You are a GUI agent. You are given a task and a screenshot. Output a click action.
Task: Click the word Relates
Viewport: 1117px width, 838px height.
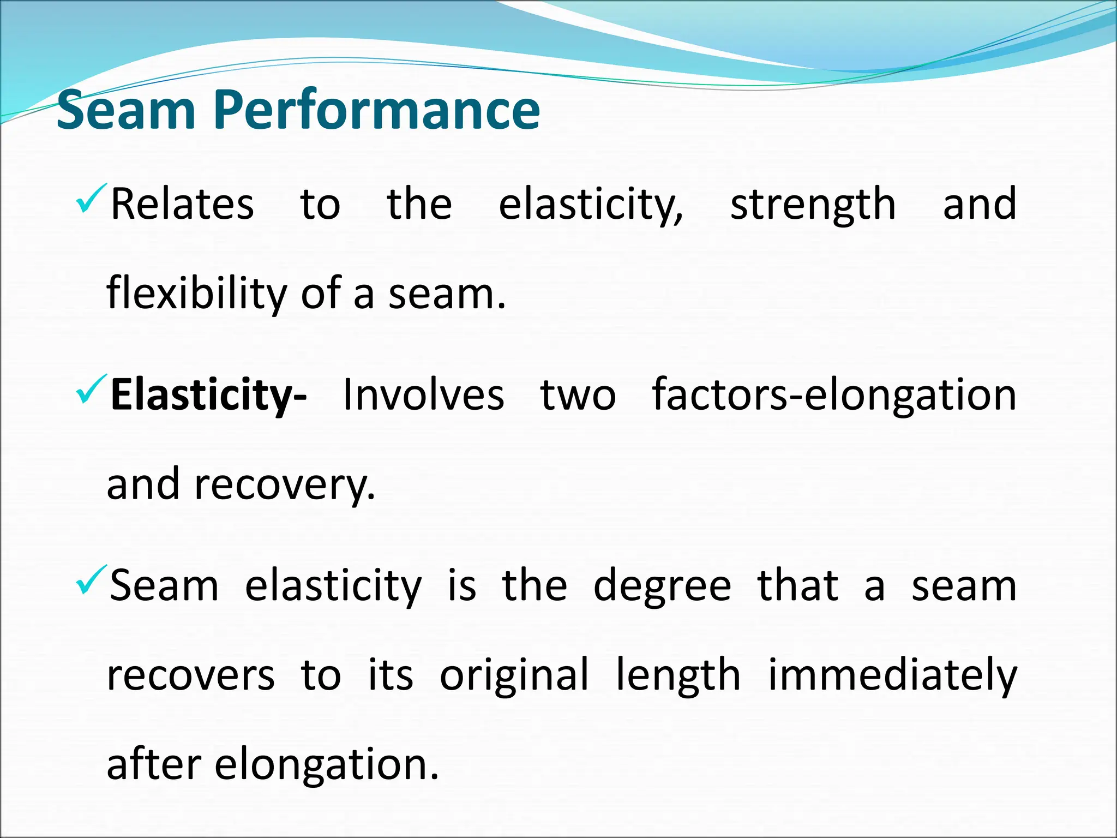pos(182,204)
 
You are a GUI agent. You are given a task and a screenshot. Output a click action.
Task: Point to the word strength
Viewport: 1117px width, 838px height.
pos(813,205)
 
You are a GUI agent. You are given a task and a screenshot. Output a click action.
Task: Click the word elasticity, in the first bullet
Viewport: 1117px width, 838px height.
pos(591,205)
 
